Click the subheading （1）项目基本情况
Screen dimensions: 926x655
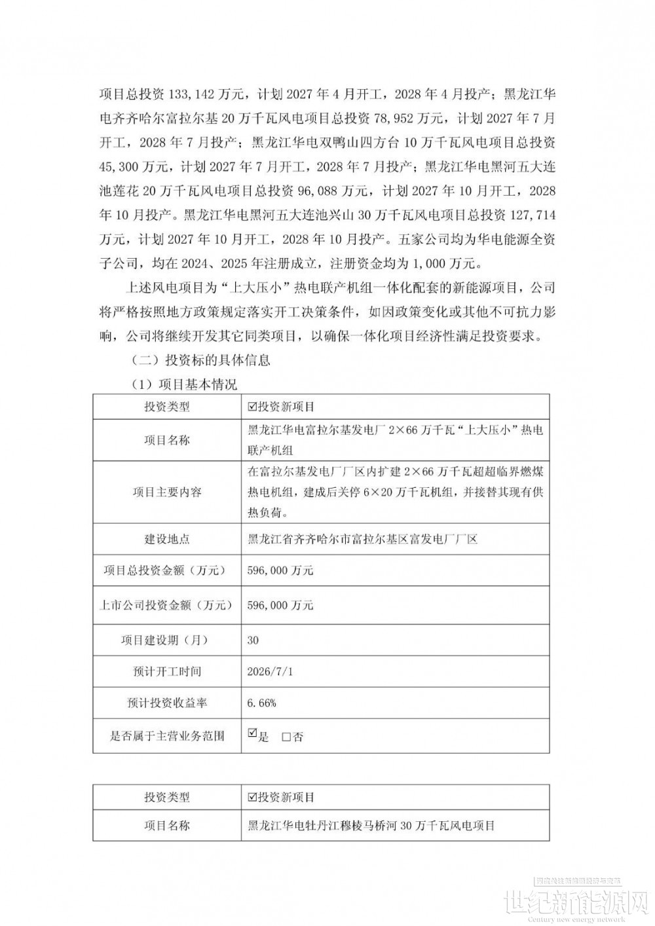[x=184, y=384]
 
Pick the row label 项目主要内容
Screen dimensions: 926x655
[x=167, y=492]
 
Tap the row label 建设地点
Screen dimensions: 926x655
[x=167, y=540]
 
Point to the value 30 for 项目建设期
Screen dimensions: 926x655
[x=253, y=640]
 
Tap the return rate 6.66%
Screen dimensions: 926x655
[x=261, y=703]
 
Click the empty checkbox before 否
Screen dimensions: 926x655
[x=286, y=737]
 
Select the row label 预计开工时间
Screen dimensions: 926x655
[x=167, y=671]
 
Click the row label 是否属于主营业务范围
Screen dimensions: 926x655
[x=167, y=735]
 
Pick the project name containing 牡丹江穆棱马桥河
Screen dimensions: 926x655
[x=368, y=826]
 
